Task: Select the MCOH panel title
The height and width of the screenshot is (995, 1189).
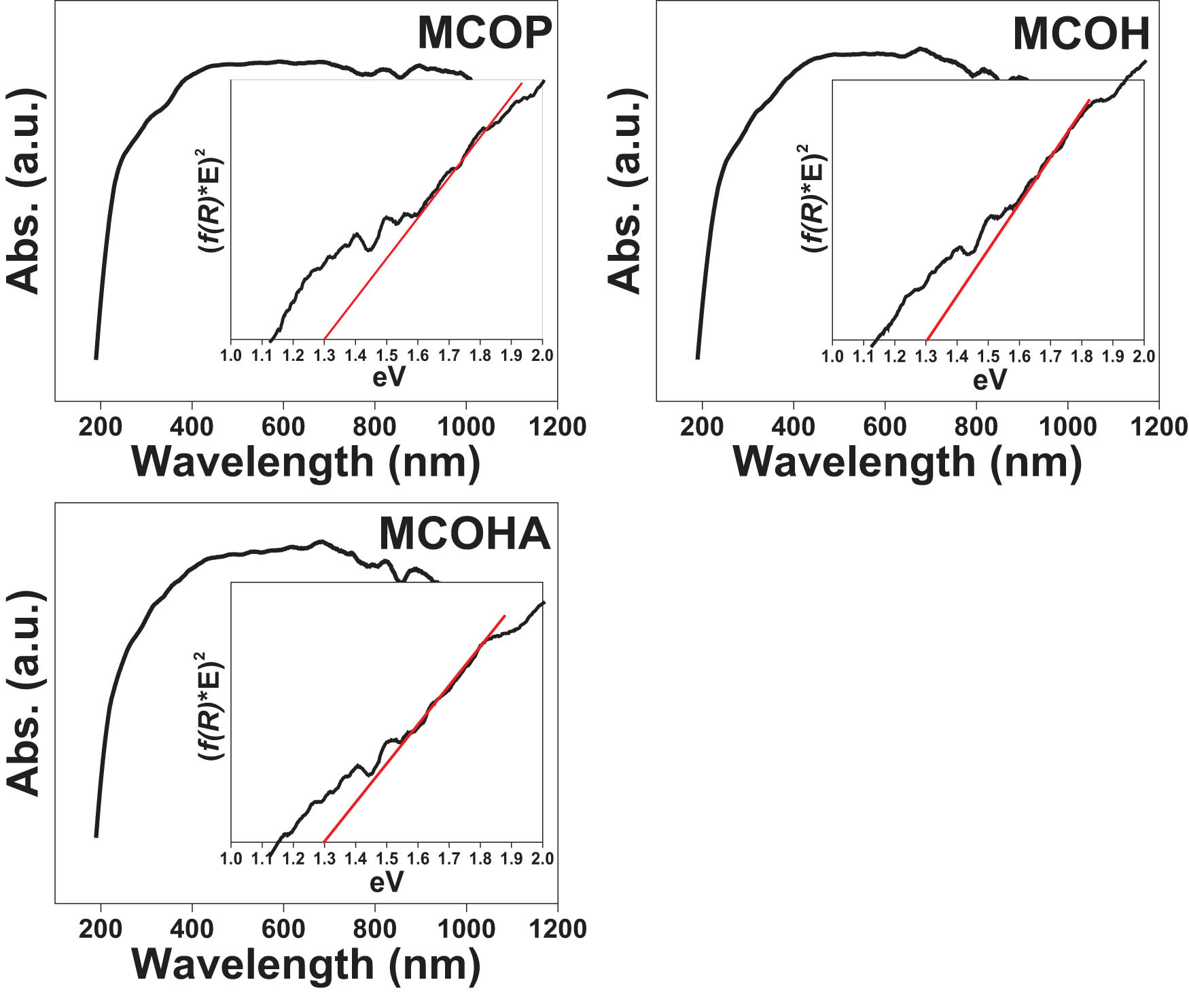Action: [1080, 34]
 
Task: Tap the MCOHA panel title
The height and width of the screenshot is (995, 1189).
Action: [464, 534]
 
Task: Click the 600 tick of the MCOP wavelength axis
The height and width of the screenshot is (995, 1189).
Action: [283, 427]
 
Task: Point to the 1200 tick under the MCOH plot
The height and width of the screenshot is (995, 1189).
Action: [1158, 427]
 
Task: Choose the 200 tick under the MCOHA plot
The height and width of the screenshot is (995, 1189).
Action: [101, 928]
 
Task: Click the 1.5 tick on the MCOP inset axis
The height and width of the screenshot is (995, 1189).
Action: [387, 355]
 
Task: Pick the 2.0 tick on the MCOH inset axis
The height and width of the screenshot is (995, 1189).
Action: [1144, 356]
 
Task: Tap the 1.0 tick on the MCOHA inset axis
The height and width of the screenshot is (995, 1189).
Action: [231, 858]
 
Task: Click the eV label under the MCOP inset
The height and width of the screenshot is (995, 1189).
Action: [388, 377]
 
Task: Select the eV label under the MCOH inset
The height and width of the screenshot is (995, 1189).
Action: [989, 380]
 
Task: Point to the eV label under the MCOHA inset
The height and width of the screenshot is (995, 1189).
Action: [387, 882]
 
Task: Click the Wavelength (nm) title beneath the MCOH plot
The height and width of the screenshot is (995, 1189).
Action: [907, 462]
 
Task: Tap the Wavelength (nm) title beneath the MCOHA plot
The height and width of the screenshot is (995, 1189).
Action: [306, 964]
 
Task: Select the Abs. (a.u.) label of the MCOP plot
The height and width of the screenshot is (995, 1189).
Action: [24, 191]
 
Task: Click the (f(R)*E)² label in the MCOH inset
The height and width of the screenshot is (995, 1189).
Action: [813, 198]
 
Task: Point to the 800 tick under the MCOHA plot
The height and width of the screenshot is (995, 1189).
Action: [374, 928]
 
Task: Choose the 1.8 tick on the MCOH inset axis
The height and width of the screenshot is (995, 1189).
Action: [1082, 356]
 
